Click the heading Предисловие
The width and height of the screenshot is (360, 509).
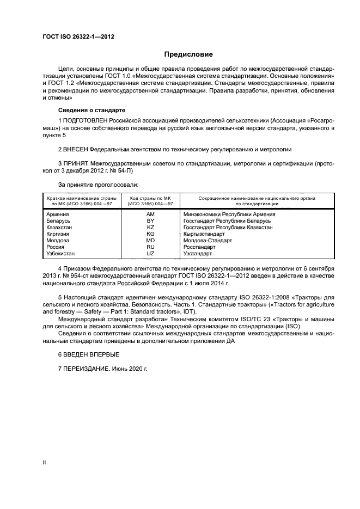[x=189, y=54]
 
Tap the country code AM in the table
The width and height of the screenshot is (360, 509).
[x=150, y=214]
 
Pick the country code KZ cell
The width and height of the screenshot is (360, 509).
[x=150, y=228]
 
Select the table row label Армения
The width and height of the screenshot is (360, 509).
[x=58, y=214]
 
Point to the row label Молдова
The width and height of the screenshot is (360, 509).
[x=58, y=241]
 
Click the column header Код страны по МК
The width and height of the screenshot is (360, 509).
[x=150, y=198]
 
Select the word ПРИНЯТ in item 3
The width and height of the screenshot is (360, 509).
[x=75, y=163]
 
